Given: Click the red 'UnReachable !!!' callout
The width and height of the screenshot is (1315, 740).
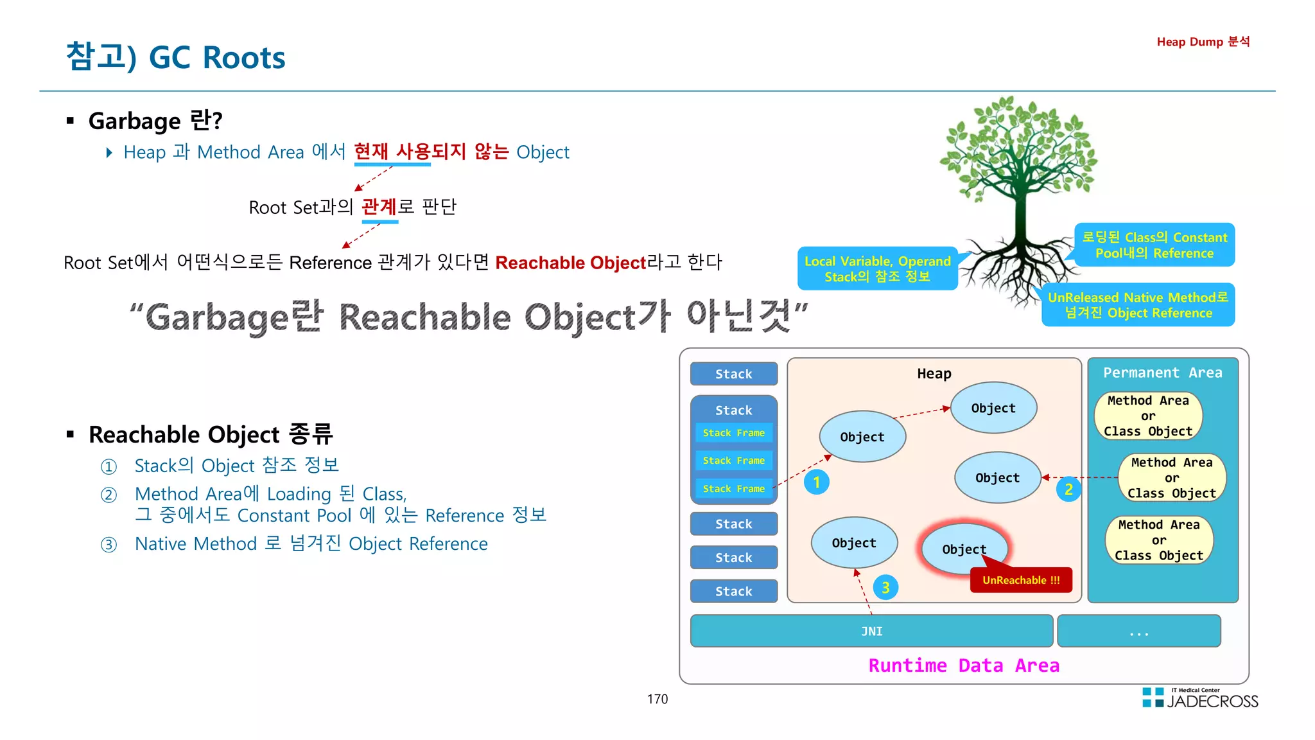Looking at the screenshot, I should [x=1021, y=580].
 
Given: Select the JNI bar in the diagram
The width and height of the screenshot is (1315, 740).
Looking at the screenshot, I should [x=871, y=631].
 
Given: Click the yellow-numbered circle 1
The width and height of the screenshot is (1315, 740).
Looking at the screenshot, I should [x=816, y=482].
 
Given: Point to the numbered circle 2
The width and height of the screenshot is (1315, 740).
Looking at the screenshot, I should [x=1068, y=489].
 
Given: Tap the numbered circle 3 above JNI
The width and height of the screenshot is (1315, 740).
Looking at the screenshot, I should [x=885, y=587].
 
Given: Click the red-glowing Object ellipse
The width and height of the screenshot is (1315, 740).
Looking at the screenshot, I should [x=964, y=549].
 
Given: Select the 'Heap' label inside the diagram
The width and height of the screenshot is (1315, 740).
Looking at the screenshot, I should [x=934, y=374].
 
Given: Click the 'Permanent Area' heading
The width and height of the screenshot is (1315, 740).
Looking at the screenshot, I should [x=1162, y=373].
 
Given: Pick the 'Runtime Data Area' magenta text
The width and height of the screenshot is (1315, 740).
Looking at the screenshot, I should [x=964, y=665].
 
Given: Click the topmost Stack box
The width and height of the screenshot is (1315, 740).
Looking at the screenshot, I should [x=733, y=374].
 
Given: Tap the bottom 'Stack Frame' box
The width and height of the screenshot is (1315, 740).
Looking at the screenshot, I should [x=733, y=489].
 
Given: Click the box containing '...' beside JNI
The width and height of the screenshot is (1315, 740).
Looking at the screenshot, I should [x=1138, y=631].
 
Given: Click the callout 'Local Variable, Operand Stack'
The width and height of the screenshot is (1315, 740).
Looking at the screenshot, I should [x=877, y=269].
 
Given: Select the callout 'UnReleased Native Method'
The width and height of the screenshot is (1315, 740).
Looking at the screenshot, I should [x=1138, y=305].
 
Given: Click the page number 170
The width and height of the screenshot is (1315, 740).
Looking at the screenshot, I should [x=657, y=699].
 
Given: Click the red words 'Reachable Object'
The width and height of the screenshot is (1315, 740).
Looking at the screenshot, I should [x=570, y=263].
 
